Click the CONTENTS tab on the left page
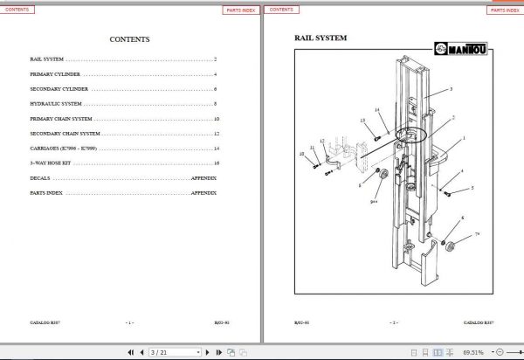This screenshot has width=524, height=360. tap(19, 10)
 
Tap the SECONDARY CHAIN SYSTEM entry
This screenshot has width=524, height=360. tap(65, 134)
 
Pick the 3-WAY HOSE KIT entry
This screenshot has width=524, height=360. tap(49, 163)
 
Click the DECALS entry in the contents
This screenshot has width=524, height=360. tap(39, 177)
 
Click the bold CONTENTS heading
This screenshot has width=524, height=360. tap(129, 39)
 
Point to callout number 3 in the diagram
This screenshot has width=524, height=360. tap(451, 90)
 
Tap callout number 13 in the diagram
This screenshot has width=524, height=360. tap(362, 121)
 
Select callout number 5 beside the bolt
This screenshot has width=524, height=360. tap(472, 188)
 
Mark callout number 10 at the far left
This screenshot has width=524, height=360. tap(301, 154)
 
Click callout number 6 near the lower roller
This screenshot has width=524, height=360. tap(463, 218)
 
